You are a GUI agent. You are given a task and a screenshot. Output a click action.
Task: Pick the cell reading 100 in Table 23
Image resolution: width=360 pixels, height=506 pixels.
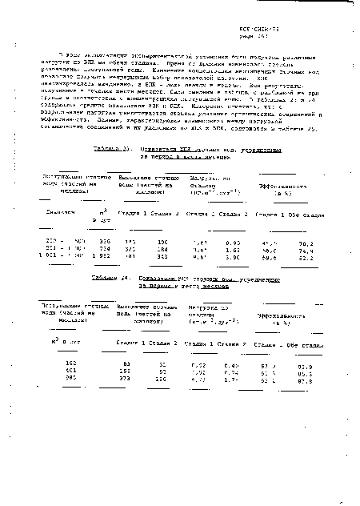[x=161, y=240]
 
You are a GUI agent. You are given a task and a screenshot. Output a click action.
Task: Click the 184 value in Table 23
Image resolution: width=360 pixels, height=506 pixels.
[x=161, y=248]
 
